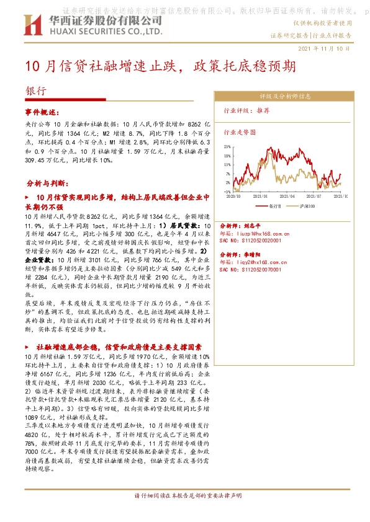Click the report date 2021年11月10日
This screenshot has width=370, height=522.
pos(324,48)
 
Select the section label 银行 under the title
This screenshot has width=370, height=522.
pos(36,90)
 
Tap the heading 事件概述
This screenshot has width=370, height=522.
pos(40,112)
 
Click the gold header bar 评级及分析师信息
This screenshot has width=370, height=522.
pos(285,96)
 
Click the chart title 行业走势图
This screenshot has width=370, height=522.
pos(239,131)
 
